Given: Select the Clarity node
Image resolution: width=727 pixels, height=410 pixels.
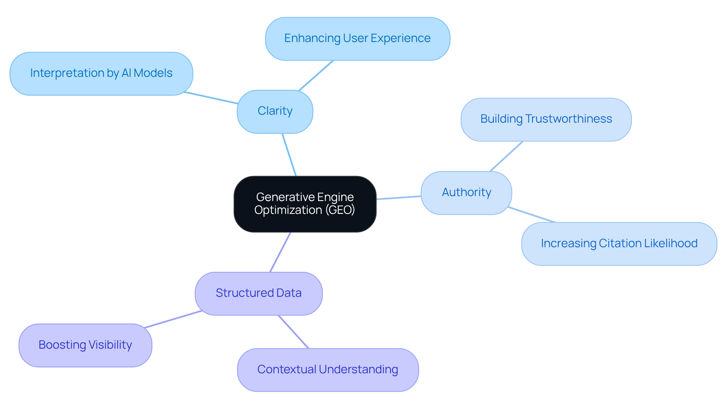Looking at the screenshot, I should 275,111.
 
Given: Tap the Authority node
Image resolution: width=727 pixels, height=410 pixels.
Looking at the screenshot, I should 466,193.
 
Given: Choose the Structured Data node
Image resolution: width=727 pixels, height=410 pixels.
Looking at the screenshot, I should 259,293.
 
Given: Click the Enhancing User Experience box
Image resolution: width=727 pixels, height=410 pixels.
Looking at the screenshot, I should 357,39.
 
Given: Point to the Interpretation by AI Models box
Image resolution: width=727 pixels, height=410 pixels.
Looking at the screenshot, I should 101,73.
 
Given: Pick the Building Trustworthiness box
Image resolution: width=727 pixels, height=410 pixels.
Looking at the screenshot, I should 546,119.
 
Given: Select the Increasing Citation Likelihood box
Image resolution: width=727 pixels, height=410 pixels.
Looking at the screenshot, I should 619,243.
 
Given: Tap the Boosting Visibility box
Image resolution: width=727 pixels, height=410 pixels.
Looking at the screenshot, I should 85,345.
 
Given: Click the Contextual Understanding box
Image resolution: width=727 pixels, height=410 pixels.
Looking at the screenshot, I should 328,369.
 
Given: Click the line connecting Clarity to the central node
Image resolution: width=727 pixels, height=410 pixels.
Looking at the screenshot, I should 289,154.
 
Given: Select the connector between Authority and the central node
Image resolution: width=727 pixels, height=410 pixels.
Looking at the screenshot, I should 399,198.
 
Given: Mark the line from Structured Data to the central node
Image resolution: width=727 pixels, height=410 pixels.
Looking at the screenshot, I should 280,252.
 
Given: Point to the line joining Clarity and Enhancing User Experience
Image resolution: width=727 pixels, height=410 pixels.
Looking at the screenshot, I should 316,75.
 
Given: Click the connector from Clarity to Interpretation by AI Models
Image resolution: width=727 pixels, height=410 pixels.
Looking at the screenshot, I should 211,98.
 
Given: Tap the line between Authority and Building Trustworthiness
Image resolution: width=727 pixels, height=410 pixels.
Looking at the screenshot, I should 506,156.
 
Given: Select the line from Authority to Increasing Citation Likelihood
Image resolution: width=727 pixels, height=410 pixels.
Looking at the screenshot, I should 532,215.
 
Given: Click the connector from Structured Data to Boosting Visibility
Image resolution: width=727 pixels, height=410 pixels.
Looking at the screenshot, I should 173,319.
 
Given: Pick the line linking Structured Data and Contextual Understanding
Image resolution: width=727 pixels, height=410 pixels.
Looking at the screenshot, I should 293,332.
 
